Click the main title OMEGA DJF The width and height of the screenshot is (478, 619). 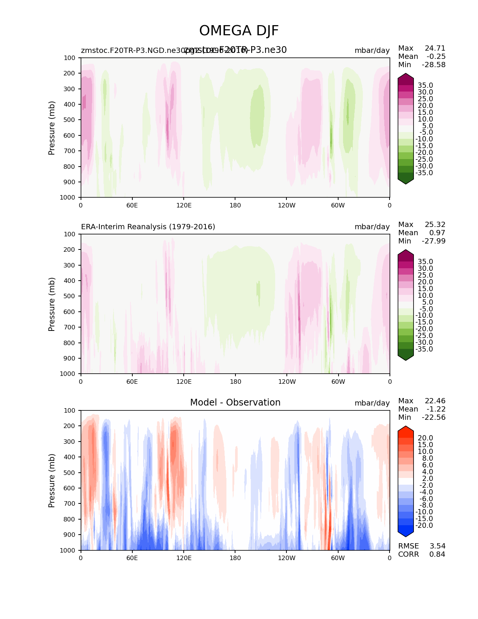[x=239, y=31]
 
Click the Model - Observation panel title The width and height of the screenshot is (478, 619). [x=235, y=403]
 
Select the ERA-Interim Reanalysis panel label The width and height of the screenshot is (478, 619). [x=148, y=227]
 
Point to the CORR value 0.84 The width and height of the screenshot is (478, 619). [x=437, y=554]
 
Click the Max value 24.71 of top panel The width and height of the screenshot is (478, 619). [x=435, y=48]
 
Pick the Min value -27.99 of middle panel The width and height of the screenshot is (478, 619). [x=434, y=241]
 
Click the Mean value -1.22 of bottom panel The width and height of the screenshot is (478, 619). [x=436, y=409]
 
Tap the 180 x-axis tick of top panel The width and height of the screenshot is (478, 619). [x=235, y=205]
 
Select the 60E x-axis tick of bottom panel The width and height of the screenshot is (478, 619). [x=132, y=558]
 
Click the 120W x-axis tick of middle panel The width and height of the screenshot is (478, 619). [x=287, y=382]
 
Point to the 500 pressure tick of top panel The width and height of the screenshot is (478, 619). [x=70, y=120]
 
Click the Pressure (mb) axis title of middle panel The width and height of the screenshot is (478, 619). [x=52, y=304]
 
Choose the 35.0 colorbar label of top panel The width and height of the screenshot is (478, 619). [x=425, y=86]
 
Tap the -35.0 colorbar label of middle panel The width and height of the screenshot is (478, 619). [x=424, y=349]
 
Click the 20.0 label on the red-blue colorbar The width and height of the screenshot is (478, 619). [x=425, y=438]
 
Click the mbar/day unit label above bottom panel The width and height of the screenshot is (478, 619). [x=372, y=403]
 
